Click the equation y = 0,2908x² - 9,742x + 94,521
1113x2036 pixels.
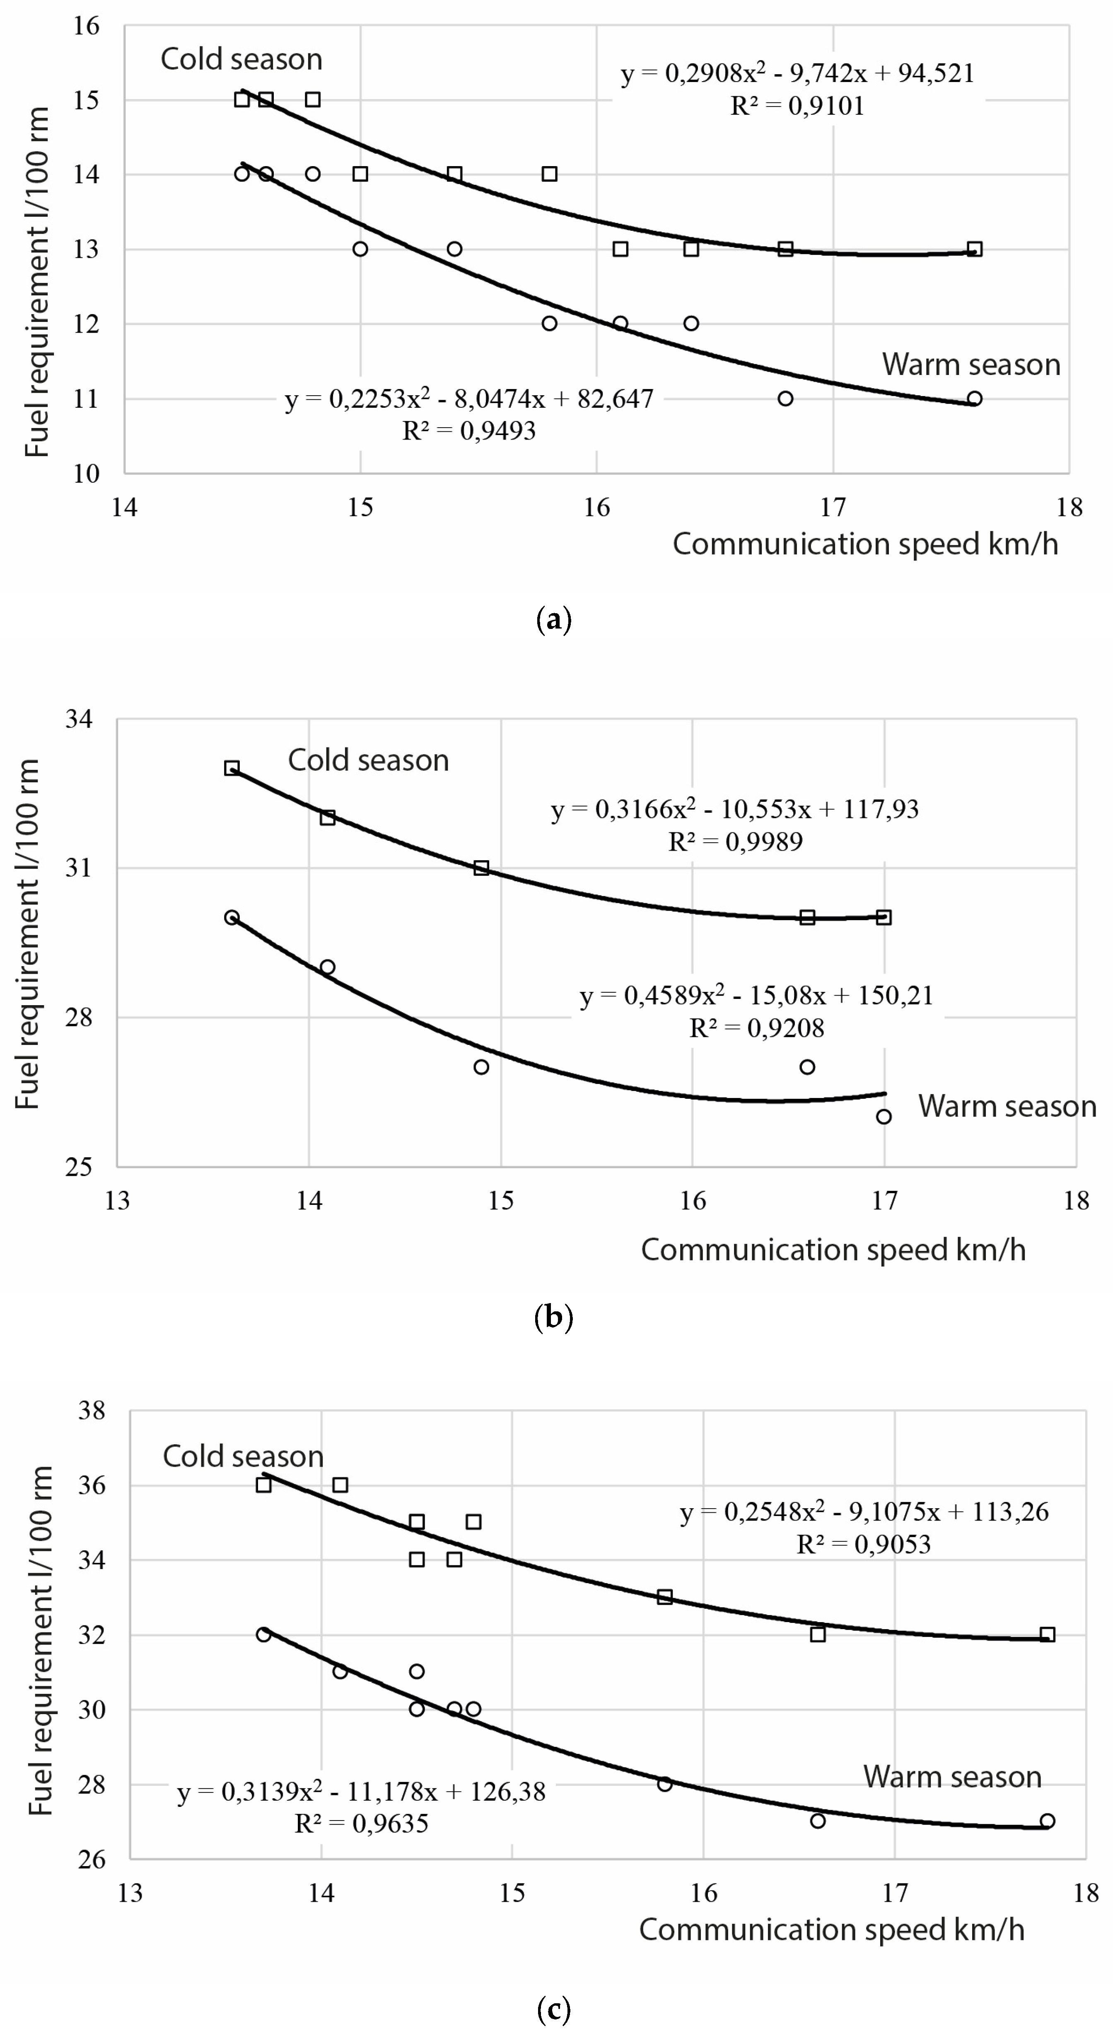point(797,73)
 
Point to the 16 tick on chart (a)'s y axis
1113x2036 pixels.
point(87,26)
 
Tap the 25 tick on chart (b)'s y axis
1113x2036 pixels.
point(79,1167)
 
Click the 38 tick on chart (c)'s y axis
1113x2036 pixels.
point(92,1411)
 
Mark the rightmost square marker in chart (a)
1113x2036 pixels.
point(975,249)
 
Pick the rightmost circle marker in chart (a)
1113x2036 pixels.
point(975,398)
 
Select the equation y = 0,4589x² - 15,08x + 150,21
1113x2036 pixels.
point(756,996)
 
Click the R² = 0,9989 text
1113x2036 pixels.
point(735,842)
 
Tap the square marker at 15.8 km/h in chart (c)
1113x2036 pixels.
point(665,1596)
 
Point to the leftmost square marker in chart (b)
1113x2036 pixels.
point(232,768)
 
